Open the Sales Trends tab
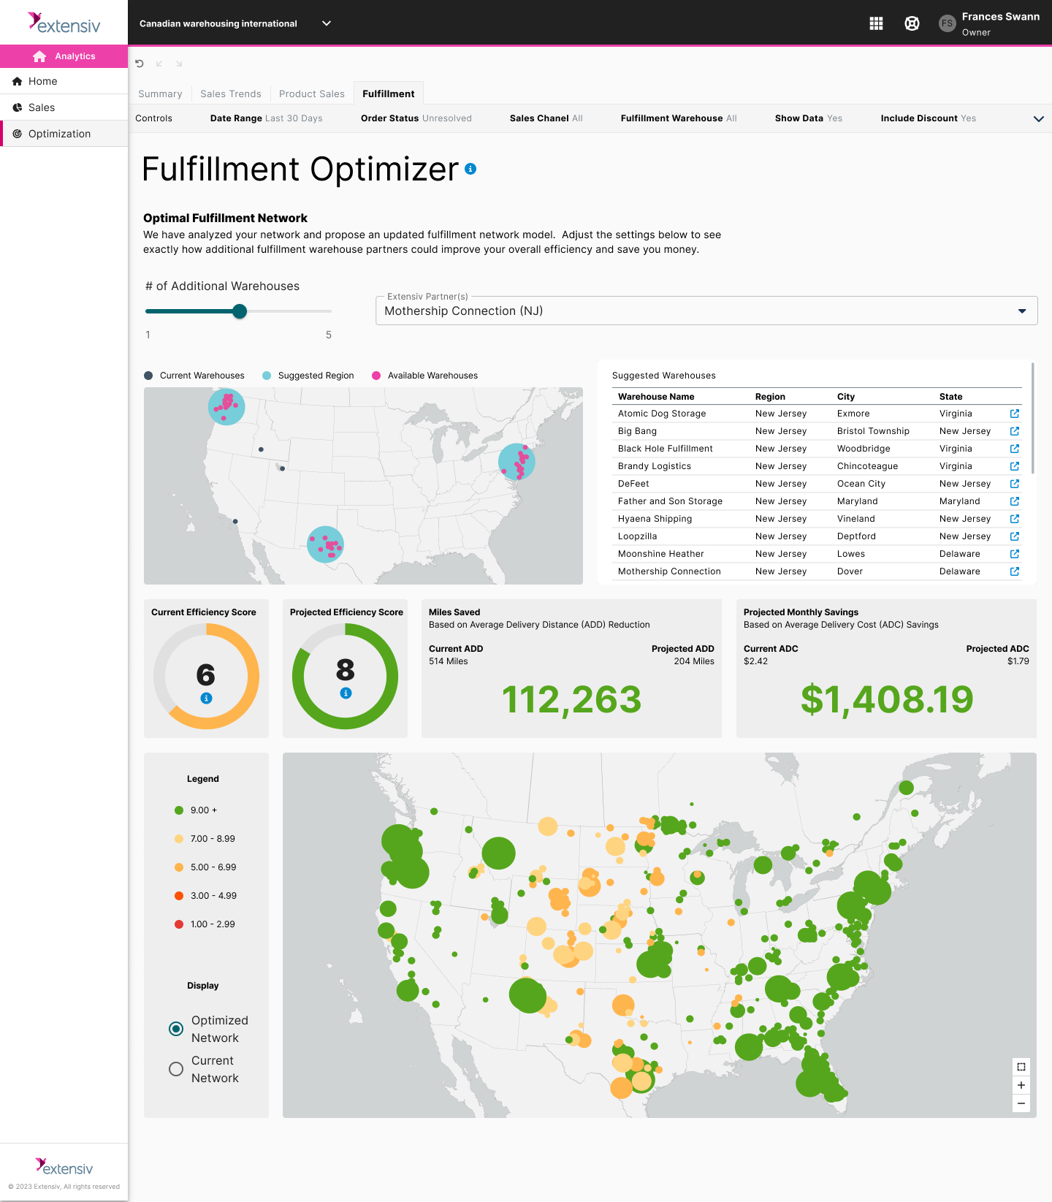pyautogui.click(x=230, y=94)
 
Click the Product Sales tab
pyautogui.click(x=311, y=94)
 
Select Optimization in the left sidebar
pyautogui.click(x=59, y=134)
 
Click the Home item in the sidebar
pyautogui.click(x=42, y=81)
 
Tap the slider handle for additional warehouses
pyautogui.click(x=240, y=311)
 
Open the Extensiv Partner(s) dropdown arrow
pyautogui.click(x=1022, y=311)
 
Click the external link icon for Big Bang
pyautogui.click(x=1015, y=431)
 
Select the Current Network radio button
pyautogui.click(x=176, y=1069)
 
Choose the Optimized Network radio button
pyautogui.click(x=176, y=1029)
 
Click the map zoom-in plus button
pyautogui.click(x=1021, y=1085)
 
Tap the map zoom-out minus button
pyautogui.click(x=1021, y=1103)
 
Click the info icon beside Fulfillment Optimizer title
pyautogui.click(x=470, y=169)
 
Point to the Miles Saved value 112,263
pyautogui.click(x=571, y=699)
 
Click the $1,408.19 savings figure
pyautogui.click(x=886, y=699)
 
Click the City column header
pyautogui.click(x=846, y=397)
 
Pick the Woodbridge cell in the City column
pyautogui.click(x=864, y=449)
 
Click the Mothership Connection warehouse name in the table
pyautogui.click(x=669, y=571)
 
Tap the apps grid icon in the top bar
pyautogui.click(x=877, y=23)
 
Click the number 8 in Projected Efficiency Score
pyautogui.click(x=346, y=669)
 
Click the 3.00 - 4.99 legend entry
pyautogui.click(x=213, y=896)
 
